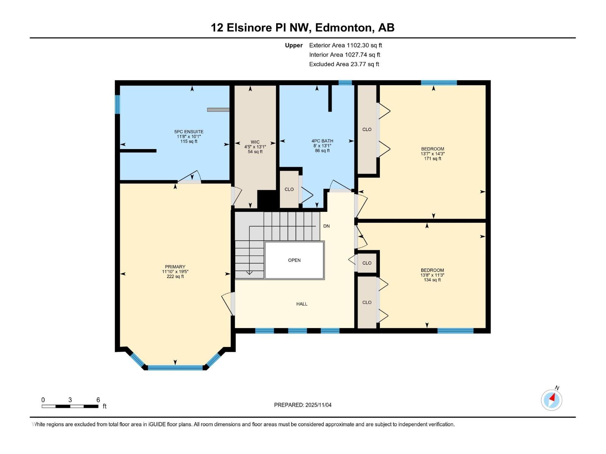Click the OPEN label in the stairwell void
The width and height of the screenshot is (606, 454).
click(294, 260)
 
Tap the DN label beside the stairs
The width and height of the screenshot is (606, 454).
click(326, 226)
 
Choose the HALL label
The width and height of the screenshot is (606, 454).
click(302, 304)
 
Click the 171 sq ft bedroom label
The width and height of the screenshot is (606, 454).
click(433, 154)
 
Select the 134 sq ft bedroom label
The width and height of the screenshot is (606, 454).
click(432, 275)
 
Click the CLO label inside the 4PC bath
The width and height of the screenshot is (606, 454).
click(289, 190)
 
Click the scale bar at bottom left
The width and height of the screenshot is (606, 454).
click(70, 406)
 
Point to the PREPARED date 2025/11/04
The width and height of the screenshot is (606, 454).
click(303, 405)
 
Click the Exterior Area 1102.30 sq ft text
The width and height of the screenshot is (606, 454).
click(345, 45)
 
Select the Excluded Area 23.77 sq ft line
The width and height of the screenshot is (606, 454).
click(344, 64)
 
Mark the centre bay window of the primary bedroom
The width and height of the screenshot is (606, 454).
click(175, 367)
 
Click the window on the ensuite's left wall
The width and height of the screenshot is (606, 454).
click(117, 104)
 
